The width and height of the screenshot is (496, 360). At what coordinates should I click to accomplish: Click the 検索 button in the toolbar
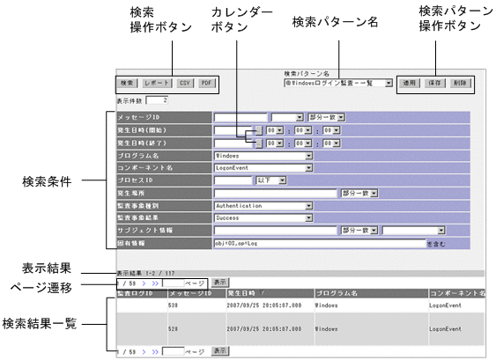128,83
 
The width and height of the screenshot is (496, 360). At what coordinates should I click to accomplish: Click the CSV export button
184,83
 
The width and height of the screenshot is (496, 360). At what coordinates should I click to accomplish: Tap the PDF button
206,83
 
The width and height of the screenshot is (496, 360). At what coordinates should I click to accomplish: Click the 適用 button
410,83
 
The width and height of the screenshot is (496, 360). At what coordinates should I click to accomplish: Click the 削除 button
461,83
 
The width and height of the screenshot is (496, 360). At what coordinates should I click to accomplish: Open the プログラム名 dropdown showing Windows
263,154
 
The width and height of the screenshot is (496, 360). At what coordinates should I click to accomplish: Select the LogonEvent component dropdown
263,166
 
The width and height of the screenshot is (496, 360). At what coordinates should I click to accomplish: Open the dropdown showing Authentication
263,203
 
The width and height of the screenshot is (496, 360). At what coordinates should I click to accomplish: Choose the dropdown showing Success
263,216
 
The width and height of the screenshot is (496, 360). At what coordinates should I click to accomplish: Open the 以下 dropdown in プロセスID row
270,179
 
